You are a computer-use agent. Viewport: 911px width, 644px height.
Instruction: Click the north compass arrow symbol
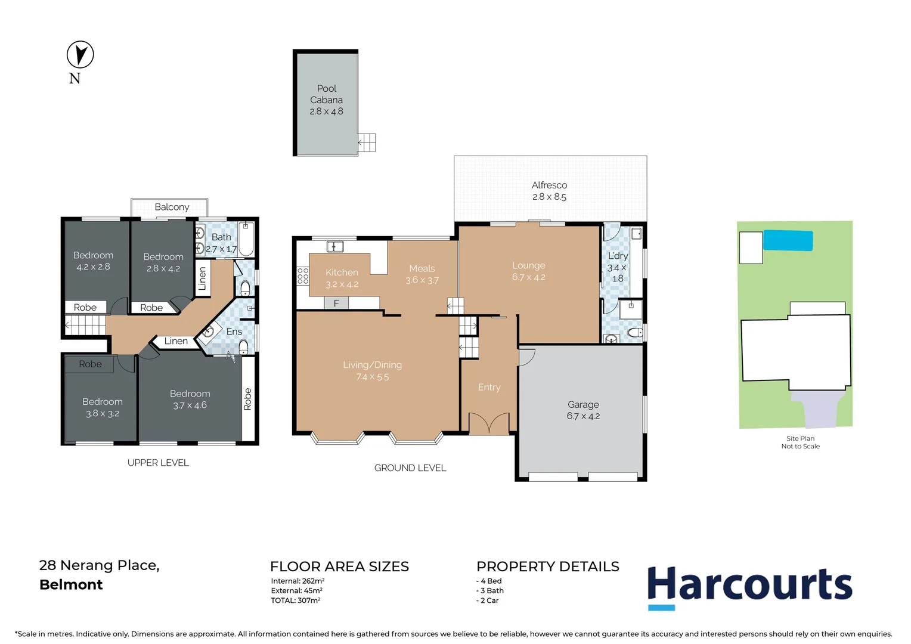[80, 54]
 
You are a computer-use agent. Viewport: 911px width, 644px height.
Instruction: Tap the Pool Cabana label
[326, 99]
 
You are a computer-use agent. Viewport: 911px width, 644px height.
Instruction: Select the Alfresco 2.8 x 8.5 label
[549, 191]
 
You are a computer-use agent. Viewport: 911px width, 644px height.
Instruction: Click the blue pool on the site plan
[788, 240]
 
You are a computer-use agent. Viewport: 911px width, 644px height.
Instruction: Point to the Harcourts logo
[749, 586]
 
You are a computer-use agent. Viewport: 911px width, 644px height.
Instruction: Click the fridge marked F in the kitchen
[336, 303]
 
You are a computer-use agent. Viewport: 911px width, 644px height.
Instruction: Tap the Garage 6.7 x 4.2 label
[583, 410]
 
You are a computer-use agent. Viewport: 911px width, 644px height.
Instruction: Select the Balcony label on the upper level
[172, 207]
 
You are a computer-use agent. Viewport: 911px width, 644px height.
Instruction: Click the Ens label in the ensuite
[234, 332]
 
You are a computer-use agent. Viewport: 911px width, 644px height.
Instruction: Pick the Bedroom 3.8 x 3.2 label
[103, 407]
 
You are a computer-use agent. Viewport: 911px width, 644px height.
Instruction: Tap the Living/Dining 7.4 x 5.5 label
[372, 370]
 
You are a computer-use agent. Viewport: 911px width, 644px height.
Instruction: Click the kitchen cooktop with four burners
[303, 275]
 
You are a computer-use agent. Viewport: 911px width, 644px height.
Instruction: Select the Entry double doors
[488, 423]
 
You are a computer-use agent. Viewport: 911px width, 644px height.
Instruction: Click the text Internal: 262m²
[298, 581]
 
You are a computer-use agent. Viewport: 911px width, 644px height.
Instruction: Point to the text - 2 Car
[488, 600]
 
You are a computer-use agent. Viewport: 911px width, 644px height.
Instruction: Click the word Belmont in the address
[71, 584]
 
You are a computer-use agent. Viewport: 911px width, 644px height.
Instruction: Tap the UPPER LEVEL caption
[158, 463]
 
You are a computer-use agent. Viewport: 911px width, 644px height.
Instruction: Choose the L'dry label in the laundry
[617, 256]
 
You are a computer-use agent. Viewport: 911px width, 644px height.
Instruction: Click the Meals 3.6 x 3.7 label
[422, 274]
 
